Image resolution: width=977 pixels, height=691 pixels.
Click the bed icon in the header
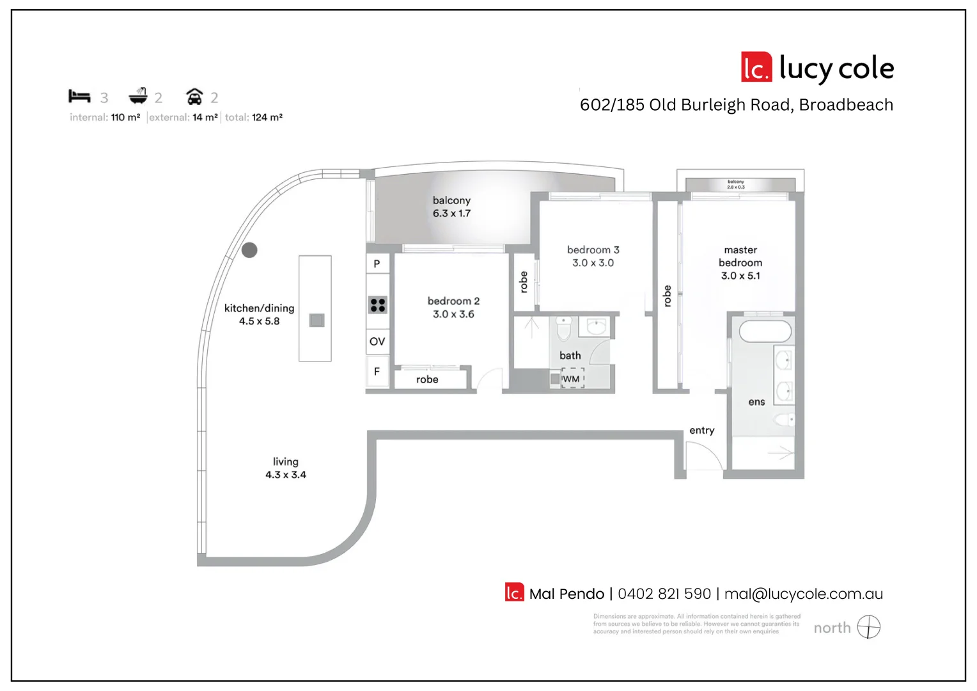[x=79, y=97]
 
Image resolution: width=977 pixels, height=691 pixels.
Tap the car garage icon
[x=194, y=97]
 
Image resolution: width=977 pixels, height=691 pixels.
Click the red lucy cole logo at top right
[x=756, y=68]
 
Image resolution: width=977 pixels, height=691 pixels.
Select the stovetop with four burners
[x=378, y=305]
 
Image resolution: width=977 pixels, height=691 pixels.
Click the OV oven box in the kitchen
[x=377, y=342]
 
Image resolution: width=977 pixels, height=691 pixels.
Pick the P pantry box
[x=377, y=264]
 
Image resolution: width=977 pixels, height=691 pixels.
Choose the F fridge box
[x=377, y=372]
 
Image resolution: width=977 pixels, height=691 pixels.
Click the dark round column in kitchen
[x=249, y=250]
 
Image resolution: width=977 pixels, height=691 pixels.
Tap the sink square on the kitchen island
[x=317, y=320]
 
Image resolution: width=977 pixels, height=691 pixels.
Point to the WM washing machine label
[x=571, y=379]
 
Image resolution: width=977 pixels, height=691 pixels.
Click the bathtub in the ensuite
[x=765, y=331]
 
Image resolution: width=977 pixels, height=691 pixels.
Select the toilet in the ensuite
[x=783, y=420]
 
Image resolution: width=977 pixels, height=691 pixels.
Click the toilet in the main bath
[x=563, y=329]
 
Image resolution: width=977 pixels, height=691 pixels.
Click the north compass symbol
[x=868, y=627]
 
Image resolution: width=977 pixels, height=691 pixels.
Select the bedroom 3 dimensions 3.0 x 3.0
[x=593, y=263]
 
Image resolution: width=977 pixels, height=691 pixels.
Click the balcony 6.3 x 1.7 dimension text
[x=451, y=214]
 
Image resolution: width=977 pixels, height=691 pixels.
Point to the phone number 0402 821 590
[x=664, y=594]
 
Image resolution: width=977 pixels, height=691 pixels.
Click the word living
[x=285, y=461]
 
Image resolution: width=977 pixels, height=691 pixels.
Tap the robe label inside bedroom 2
[x=427, y=379]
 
